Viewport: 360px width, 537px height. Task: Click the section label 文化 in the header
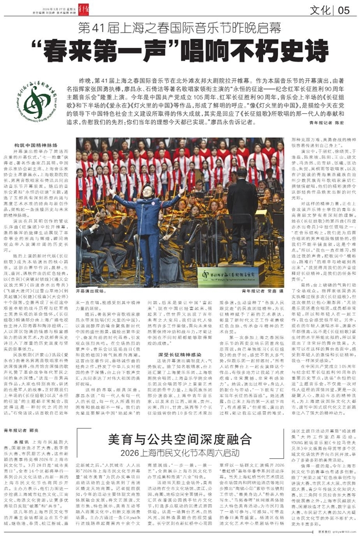[x=320, y=10]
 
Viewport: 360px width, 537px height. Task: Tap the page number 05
[x=344, y=10]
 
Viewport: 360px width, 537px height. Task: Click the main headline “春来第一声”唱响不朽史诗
[x=179, y=51]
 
